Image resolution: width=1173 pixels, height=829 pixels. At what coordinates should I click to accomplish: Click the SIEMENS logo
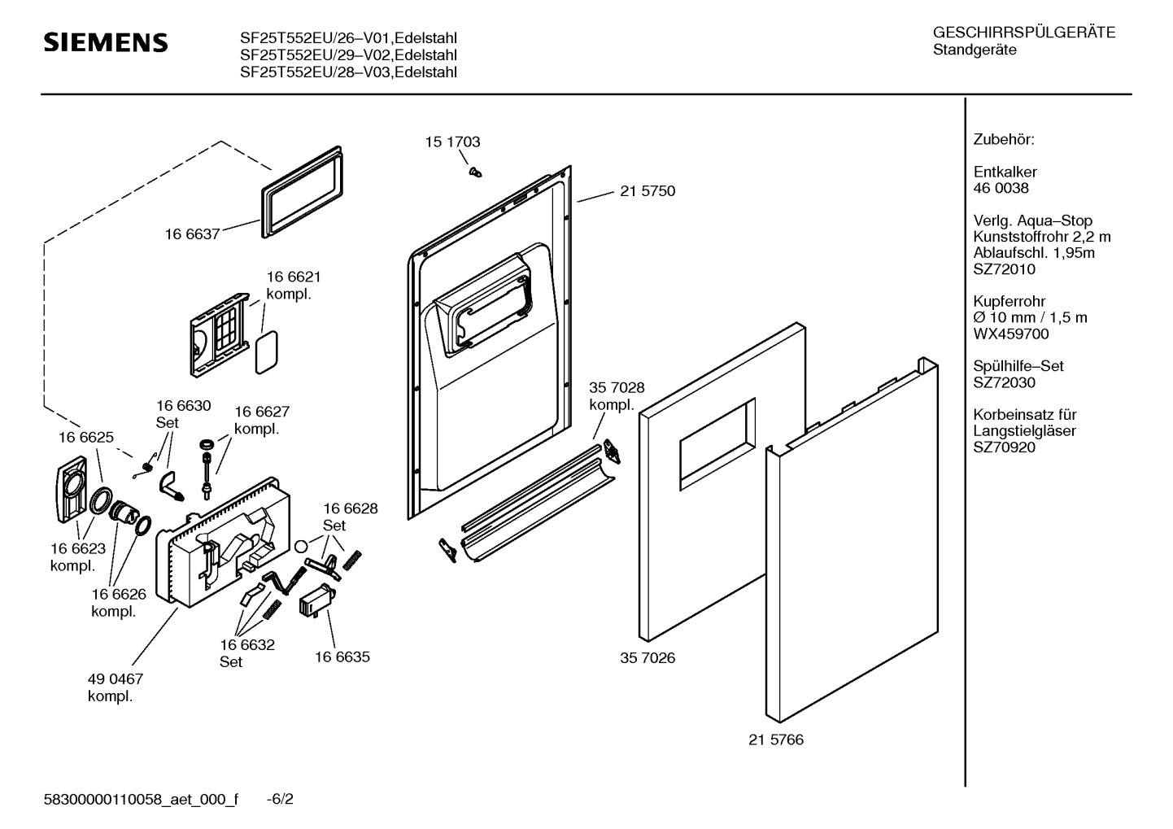pyautogui.click(x=105, y=42)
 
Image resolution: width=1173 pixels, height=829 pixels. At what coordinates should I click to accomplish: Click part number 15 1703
pyautogui.click(x=452, y=142)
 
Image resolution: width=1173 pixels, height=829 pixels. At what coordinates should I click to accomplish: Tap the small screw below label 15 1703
pyautogui.click(x=474, y=171)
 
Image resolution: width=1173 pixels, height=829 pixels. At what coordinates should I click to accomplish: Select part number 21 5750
pyautogui.click(x=647, y=191)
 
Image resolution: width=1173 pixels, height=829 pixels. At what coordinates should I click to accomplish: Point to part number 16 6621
pyautogui.click(x=294, y=277)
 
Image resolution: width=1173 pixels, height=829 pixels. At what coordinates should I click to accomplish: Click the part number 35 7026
pyautogui.click(x=648, y=657)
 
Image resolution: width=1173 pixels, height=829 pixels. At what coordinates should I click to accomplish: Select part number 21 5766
pyautogui.click(x=775, y=740)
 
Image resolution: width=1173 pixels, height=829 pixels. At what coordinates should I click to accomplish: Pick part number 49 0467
pyautogui.click(x=115, y=678)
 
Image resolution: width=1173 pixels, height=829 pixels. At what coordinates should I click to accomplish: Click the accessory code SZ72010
pyautogui.click(x=1004, y=269)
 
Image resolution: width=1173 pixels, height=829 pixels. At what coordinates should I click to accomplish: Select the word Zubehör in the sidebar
pyautogui.click(x=1004, y=140)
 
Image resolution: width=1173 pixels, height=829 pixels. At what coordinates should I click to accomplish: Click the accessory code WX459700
pyautogui.click(x=1011, y=334)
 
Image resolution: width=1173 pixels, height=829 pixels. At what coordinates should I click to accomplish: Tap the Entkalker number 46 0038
pyautogui.click(x=1001, y=188)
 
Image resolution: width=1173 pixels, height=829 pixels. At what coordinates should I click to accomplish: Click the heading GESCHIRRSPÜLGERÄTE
pyautogui.click(x=1023, y=33)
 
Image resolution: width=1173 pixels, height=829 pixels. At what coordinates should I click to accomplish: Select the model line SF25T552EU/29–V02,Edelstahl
pyautogui.click(x=348, y=55)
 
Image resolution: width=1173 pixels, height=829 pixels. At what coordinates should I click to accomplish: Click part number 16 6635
pyautogui.click(x=342, y=657)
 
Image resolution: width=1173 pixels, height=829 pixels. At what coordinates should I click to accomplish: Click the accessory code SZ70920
pyautogui.click(x=1004, y=447)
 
